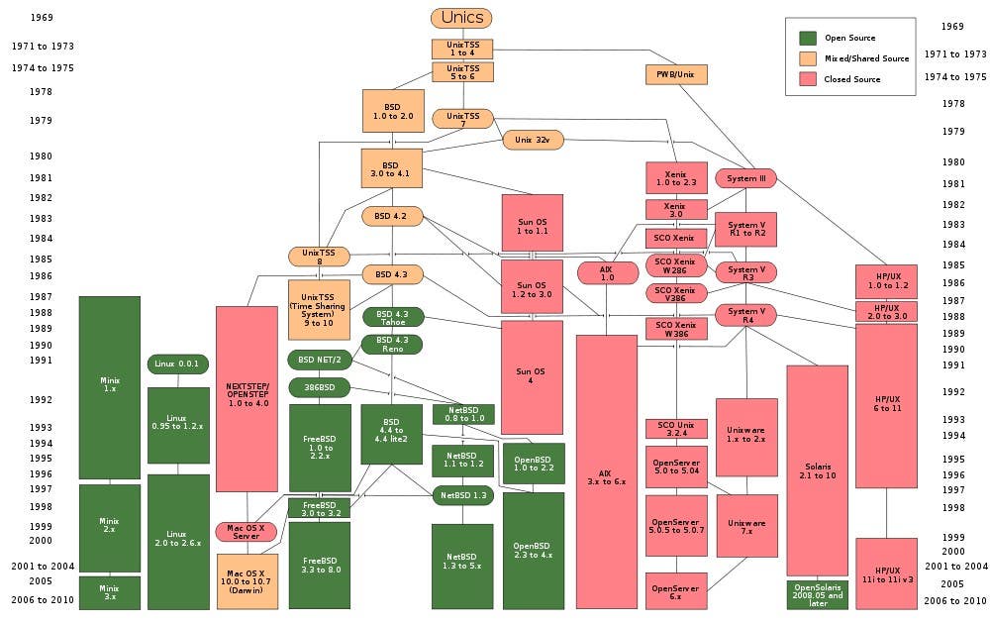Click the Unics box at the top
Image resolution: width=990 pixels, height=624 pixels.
461,18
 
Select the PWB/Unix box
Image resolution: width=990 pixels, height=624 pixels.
676,74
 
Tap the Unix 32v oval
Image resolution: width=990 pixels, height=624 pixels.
534,141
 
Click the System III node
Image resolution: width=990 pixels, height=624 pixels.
745,178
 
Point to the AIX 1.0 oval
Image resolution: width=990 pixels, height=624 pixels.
607,272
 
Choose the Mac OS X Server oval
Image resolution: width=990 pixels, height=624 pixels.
247,532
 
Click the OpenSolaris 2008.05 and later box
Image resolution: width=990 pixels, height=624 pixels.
817,594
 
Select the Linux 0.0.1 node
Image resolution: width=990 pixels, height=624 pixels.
177,364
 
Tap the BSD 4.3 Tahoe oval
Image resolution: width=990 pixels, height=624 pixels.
392,317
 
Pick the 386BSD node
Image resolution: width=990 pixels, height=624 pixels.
319,386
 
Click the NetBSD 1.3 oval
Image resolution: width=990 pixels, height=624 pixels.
462,494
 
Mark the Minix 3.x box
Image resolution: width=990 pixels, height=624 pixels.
109,592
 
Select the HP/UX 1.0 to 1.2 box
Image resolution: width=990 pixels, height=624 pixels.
886,281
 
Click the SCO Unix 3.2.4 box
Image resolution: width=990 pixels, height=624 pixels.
676,429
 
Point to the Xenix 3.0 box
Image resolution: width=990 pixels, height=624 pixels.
676,209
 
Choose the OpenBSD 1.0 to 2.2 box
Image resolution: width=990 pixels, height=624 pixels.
534,462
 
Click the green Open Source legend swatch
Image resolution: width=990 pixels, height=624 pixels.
807,38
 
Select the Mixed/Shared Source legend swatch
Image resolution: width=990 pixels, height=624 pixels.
807,58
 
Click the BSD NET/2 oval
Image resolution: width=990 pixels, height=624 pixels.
319,359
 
